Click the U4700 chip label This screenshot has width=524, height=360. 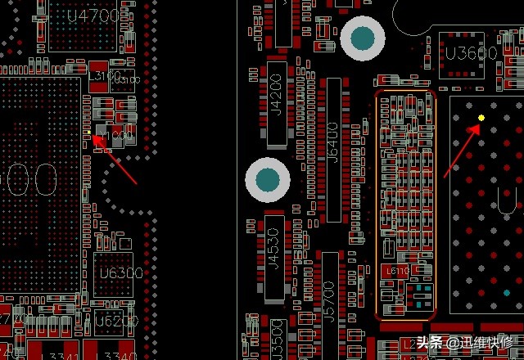[x=98, y=16]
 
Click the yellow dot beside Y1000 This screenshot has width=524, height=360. [x=88, y=132]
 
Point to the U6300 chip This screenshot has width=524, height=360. [x=120, y=272]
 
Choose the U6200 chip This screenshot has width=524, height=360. [x=115, y=322]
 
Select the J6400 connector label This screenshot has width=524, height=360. [x=332, y=151]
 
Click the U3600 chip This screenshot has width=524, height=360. [x=472, y=53]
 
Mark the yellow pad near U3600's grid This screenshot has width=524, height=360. [x=481, y=118]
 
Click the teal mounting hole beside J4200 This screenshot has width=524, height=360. [x=363, y=38]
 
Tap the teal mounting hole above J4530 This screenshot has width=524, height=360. [x=268, y=179]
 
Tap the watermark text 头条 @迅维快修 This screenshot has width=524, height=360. [x=463, y=343]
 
